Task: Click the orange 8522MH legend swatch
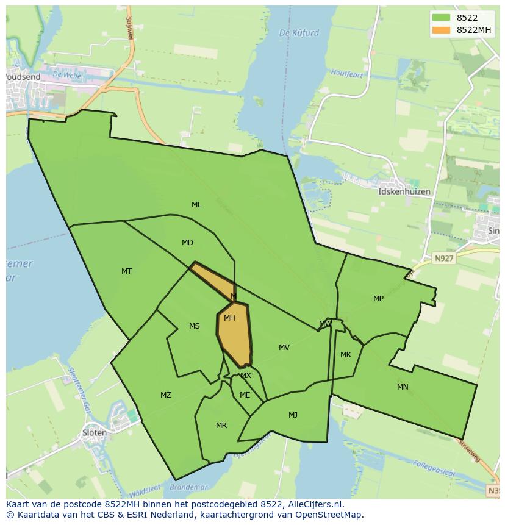[x=441, y=30]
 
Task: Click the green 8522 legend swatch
[x=441, y=18]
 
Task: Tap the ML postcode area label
[x=196, y=205]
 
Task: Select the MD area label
[x=187, y=243]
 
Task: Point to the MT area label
[x=126, y=271]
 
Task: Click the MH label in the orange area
[x=229, y=318]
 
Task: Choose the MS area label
[x=195, y=326]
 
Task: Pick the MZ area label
[x=166, y=395]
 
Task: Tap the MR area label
[x=221, y=426]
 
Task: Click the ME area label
[x=245, y=395]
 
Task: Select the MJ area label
[x=293, y=415]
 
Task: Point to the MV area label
[x=284, y=348]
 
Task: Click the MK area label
[x=346, y=355]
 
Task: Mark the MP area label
[x=379, y=299]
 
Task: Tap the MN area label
[x=403, y=387]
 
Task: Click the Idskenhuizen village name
[x=404, y=191]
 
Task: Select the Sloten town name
[x=95, y=433]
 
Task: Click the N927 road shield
[x=444, y=259]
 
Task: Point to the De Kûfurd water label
[x=299, y=33]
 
